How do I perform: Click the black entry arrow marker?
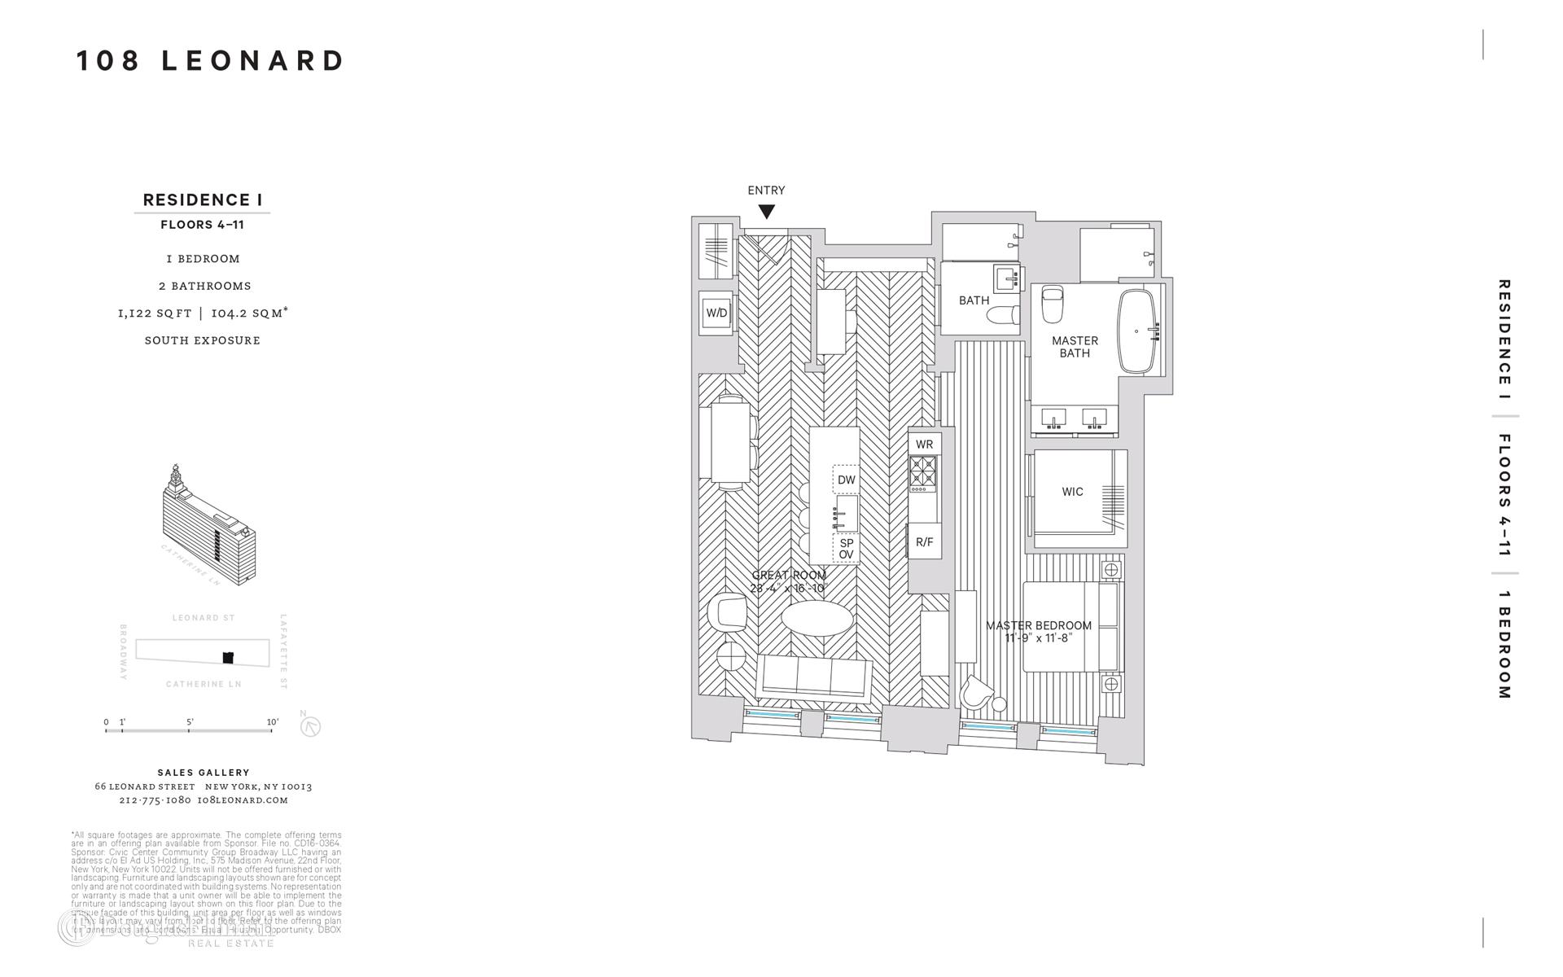(766, 212)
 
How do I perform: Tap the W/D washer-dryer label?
(716, 313)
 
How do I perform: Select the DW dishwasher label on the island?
(847, 480)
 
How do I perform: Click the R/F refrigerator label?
(925, 542)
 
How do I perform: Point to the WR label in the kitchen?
(925, 445)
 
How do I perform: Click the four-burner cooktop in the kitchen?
(924, 472)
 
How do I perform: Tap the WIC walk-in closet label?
(1072, 492)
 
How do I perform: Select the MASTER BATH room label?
(1075, 347)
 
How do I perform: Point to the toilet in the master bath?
(1053, 304)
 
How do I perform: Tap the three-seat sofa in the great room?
(814, 677)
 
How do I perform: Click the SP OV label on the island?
(847, 549)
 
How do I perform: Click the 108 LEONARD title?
(211, 61)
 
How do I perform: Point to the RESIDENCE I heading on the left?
(202, 200)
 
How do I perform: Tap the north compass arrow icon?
(310, 726)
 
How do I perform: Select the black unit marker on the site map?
(229, 657)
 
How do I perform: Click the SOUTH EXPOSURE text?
(203, 340)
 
